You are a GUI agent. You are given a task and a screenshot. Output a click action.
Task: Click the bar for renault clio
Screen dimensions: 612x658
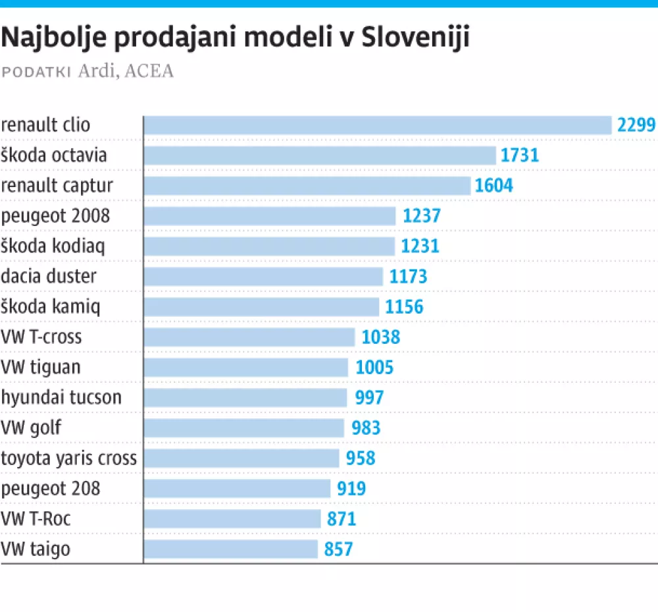point(378,125)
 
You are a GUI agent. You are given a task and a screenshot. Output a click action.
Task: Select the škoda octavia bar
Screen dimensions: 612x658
point(320,155)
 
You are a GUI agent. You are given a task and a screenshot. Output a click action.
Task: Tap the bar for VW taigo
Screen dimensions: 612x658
point(231,549)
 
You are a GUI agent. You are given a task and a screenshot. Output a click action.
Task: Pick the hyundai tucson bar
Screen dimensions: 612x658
point(245,398)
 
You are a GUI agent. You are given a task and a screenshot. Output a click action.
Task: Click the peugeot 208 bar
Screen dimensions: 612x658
point(237,489)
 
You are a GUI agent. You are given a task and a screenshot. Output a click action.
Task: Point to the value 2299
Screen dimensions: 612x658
point(636,125)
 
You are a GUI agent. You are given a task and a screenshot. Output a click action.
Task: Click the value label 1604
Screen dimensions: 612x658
point(493,186)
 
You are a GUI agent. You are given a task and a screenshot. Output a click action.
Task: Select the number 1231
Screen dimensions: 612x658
point(419,246)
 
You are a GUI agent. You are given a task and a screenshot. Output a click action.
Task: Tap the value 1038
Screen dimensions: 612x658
point(380,337)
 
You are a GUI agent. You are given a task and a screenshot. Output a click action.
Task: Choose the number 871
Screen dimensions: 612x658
point(342,519)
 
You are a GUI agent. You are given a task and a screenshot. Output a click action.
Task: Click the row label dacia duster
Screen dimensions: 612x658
point(49,276)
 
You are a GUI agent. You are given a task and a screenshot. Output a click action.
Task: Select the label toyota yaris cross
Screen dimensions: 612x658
point(69,458)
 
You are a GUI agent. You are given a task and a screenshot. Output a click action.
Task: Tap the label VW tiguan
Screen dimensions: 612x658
point(41,367)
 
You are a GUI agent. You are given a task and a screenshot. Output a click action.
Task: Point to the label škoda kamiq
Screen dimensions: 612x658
point(51,306)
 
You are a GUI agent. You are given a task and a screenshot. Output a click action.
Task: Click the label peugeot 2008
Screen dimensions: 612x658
point(55,215)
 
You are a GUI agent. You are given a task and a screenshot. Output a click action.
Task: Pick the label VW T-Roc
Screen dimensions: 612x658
point(36,518)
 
